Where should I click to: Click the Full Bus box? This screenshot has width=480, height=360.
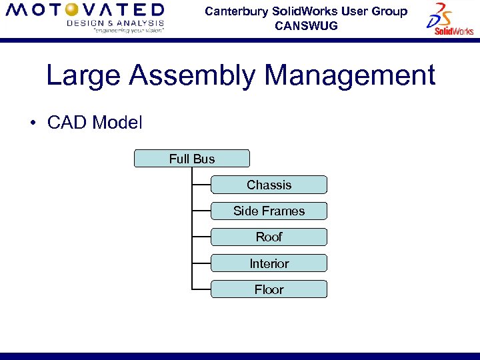point(192,159)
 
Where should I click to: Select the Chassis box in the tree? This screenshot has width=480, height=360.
point(269,185)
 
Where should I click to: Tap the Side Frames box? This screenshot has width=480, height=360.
point(269,211)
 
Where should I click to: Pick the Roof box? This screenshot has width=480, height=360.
point(269,237)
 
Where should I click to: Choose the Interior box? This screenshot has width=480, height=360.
point(269,263)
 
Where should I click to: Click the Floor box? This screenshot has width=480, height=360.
point(269,289)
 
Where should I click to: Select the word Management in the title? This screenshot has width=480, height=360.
point(350,76)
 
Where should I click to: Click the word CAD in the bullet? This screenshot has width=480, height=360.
point(67,123)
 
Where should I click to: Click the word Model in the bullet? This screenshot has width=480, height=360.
point(117,123)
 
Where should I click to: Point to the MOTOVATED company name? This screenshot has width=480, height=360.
point(85,10)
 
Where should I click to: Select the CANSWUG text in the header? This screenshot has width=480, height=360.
point(306,26)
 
